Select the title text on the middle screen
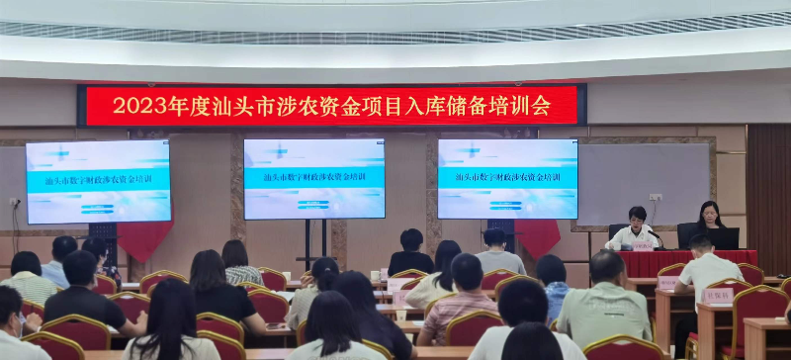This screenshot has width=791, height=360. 314,178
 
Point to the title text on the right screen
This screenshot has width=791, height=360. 508,178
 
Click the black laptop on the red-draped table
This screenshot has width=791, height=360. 722,238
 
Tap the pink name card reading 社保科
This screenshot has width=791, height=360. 717,295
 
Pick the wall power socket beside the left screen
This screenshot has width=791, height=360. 15,202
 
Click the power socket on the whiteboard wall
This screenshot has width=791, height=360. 655,198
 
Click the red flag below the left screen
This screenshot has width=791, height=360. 145,238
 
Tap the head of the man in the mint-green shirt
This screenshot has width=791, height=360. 606,267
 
